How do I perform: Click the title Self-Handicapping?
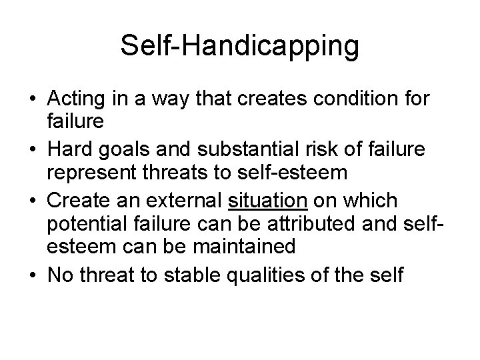coord(240,45)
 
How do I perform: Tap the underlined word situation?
coord(267,199)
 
